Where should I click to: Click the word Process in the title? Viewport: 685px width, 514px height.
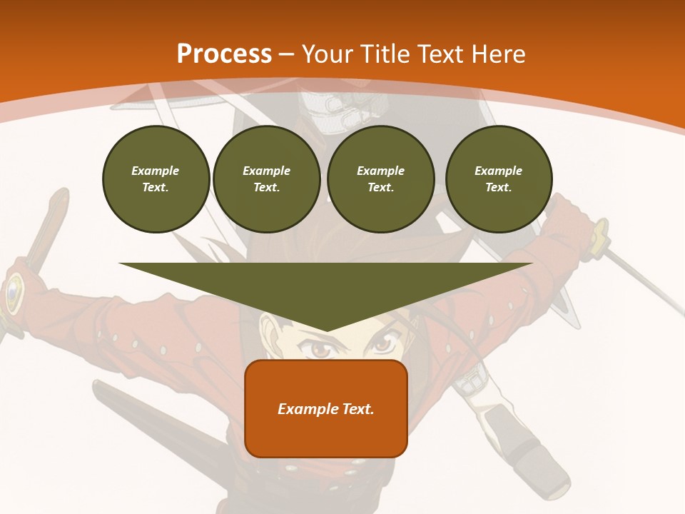click(x=224, y=54)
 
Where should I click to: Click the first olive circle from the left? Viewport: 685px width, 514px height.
click(x=156, y=179)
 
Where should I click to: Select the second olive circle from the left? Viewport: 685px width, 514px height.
click(x=266, y=179)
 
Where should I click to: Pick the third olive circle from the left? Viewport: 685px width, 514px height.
click(x=380, y=179)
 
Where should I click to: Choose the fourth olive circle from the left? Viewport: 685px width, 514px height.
click(x=498, y=179)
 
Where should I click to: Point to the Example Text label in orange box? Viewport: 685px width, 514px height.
click(x=326, y=409)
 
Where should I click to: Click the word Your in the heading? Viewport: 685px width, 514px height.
click(x=328, y=54)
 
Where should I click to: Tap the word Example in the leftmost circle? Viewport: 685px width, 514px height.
click(x=156, y=171)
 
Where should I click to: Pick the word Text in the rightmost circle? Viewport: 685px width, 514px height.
click(x=498, y=187)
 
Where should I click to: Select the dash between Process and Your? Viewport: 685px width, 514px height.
click(x=287, y=54)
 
